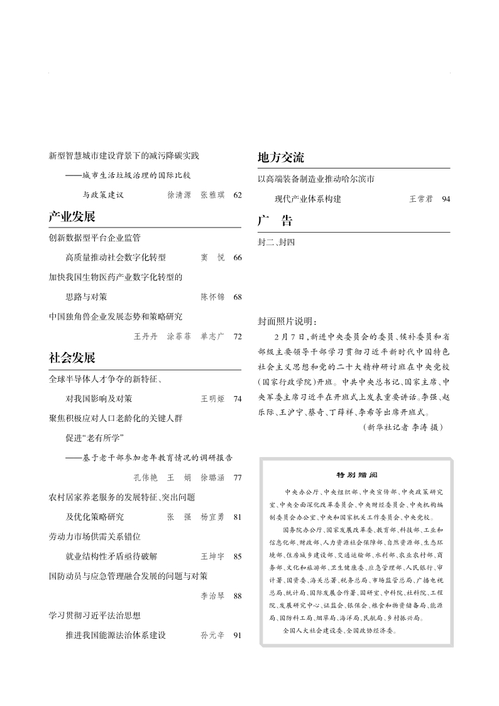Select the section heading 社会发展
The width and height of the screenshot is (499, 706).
(72, 358)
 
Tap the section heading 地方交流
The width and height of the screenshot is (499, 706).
(281, 158)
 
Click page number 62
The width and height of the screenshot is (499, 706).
(237, 196)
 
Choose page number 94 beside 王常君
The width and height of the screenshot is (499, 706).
(446, 199)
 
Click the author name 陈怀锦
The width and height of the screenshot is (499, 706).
(212, 297)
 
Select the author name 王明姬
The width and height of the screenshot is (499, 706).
(212, 399)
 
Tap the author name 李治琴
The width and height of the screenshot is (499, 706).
(212, 596)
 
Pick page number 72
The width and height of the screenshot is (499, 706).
(237, 336)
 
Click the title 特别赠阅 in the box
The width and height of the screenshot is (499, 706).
(356, 475)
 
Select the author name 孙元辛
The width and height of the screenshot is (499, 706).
(212, 636)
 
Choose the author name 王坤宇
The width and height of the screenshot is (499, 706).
(212, 556)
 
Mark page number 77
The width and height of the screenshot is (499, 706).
(237, 478)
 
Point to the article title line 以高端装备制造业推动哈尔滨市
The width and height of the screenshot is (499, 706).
(316, 179)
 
